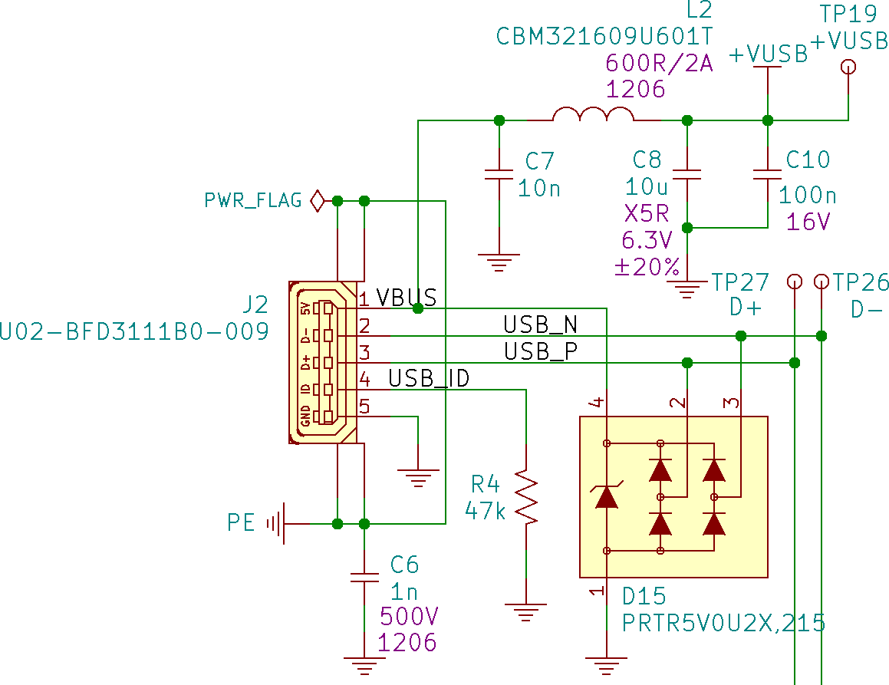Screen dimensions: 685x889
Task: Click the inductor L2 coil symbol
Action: tap(593, 116)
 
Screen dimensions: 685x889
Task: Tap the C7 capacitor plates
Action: tap(499, 174)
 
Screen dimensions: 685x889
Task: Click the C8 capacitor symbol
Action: tap(687, 174)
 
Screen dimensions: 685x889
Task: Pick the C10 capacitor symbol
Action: tap(768, 174)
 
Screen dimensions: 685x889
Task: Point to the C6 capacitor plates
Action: tap(364, 576)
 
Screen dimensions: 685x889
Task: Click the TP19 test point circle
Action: tap(848, 67)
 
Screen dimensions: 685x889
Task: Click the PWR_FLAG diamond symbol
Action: tap(317, 201)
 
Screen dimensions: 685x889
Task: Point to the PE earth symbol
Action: tap(276, 524)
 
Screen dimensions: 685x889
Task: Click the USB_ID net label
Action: tap(429, 378)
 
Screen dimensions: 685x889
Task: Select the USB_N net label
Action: tap(540, 324)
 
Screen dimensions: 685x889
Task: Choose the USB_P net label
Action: tap(540, 351)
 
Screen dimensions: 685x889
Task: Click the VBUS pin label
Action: tap(407, 298)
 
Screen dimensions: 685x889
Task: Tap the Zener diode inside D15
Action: tap(607, 497)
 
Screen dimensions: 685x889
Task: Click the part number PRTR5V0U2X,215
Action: tap(723, 623)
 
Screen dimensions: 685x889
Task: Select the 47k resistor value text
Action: tap(486, 511)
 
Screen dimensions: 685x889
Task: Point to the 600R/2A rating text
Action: tap(660, 63)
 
